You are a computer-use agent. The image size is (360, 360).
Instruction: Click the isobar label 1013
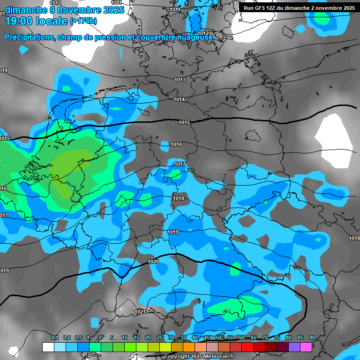pos(180,80)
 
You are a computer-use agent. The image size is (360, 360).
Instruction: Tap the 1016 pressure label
pos(176,145)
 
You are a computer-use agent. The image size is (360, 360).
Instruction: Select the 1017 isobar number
pos(180,164)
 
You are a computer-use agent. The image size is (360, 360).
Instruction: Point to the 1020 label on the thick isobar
pos(153,262)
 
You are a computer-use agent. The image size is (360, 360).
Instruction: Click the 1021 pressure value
pos(140,312)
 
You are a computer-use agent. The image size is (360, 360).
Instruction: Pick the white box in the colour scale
pos(48,347)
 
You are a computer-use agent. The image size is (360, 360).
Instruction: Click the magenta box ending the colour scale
pos(306,347)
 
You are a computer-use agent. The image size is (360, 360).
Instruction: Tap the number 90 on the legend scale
pos(312,338)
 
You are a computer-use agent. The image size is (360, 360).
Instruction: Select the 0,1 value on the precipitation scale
pos(54,338)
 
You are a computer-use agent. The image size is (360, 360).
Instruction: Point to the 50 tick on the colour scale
pos(218,338)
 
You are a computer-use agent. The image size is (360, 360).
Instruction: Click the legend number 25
pos(160,338)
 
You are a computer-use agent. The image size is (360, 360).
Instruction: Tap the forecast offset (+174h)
pos(83,22)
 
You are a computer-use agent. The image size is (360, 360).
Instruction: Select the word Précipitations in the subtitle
pos(29,37)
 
